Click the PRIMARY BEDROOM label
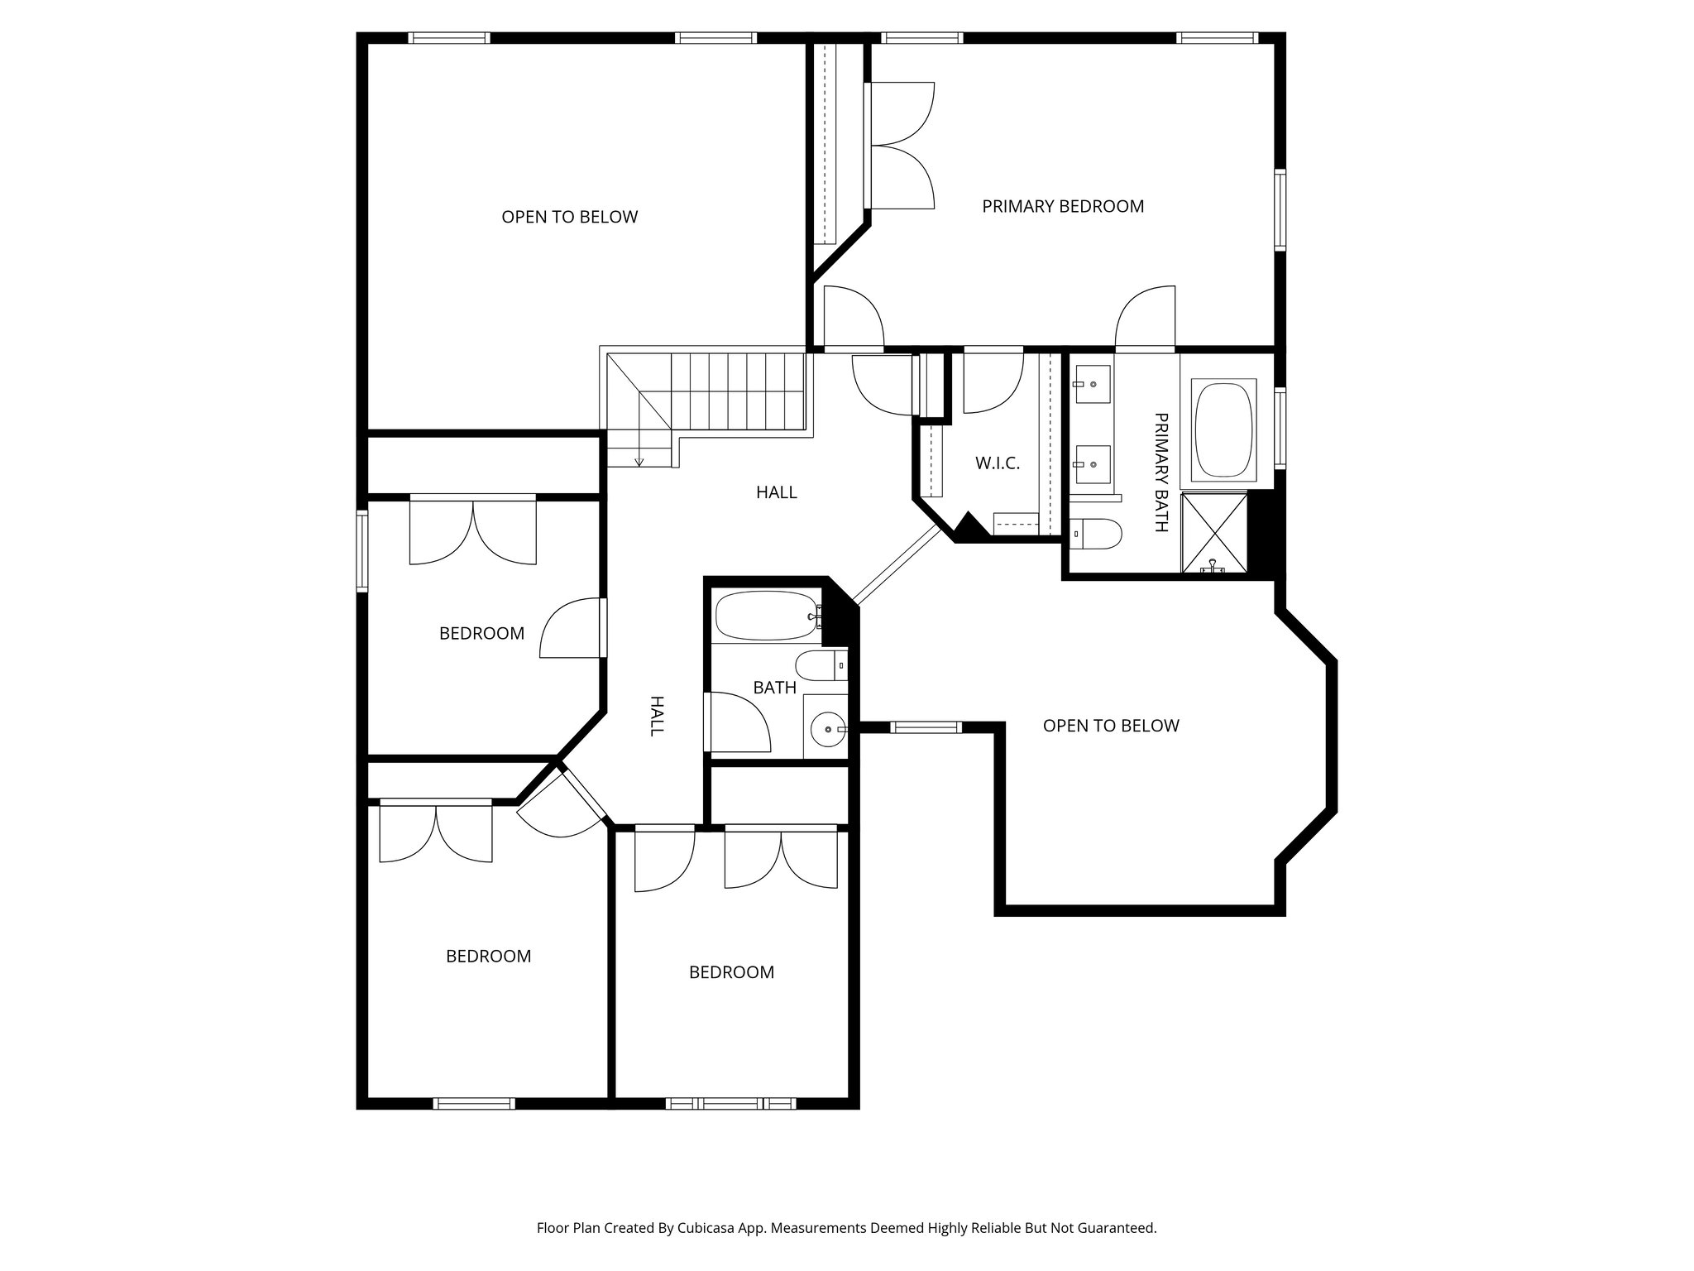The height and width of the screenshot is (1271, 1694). (1062, 207)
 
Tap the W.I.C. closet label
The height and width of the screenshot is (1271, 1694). (997, 463)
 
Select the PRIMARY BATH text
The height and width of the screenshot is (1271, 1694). (1160, 472)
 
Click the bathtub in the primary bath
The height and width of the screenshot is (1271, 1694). (1223, 429)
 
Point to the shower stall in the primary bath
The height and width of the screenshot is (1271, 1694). (1213, 532)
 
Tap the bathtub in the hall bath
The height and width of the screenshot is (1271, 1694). (764, 616)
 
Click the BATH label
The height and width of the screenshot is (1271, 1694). (774, 688)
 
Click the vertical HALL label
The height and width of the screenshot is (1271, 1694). (656, 716)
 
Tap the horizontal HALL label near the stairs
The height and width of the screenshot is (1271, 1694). (776, 493)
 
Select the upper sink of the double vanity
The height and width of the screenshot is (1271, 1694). (1093, 385)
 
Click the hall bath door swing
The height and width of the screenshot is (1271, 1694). (738, 722)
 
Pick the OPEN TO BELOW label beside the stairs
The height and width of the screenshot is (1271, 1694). (569, 218)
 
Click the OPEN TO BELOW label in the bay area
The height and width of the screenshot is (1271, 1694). (1110, 727)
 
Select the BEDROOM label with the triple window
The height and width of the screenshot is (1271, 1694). (731, 972)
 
